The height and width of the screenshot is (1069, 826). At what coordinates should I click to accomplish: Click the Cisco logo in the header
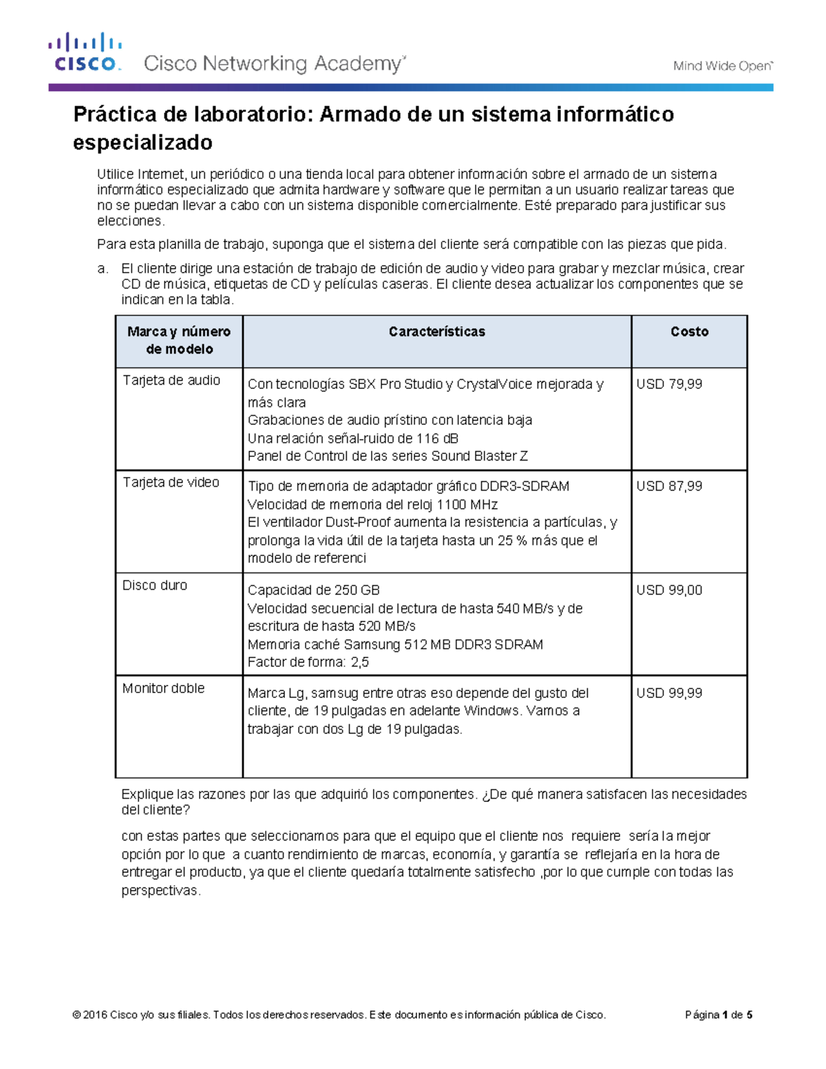pos(85,52)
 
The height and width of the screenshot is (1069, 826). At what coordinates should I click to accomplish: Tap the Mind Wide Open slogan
pos(723,66)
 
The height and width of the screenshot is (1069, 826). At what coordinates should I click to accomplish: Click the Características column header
pos(436,332)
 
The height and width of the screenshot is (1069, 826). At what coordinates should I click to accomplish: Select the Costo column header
pos(689,332)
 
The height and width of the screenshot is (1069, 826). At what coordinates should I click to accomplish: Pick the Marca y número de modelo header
pos(179,340)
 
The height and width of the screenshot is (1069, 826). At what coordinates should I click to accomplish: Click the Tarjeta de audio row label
pos(171,380)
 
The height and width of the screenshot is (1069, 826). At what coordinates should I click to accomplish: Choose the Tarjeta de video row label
pos(171,483)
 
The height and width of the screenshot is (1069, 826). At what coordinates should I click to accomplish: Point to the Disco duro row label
pos(155,585)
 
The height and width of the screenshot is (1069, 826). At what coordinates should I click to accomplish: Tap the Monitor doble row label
pos(163,688)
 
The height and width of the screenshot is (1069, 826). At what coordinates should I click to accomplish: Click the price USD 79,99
pos(669,384)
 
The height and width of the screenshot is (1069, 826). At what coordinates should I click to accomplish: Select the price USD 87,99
pos(669,486)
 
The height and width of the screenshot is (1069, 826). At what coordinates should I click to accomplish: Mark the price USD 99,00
pos(669,590)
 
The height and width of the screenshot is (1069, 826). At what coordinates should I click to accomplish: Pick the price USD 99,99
pos(669,693)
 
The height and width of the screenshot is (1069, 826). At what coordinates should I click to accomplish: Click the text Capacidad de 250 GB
pos(313,590)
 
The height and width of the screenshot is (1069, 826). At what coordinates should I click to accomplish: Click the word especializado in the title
pos(142,142)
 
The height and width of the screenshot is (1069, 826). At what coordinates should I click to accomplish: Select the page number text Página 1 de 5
pos(719,1015)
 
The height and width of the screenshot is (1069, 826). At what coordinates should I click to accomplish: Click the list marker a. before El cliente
pos(103,268)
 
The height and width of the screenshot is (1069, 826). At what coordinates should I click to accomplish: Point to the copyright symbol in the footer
pos(76,1015)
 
